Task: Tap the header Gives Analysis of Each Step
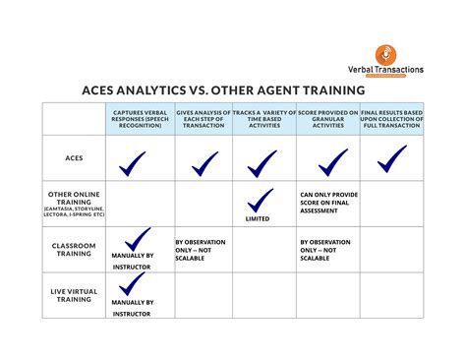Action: [204, 119]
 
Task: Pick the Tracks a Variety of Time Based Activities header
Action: [264, 119]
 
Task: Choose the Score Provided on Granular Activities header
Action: [329, 119]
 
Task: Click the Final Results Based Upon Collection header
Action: [391, 119]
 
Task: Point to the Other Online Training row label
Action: [74, 201]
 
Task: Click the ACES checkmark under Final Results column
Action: [391, 156]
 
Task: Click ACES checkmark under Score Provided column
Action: [332, 160]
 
